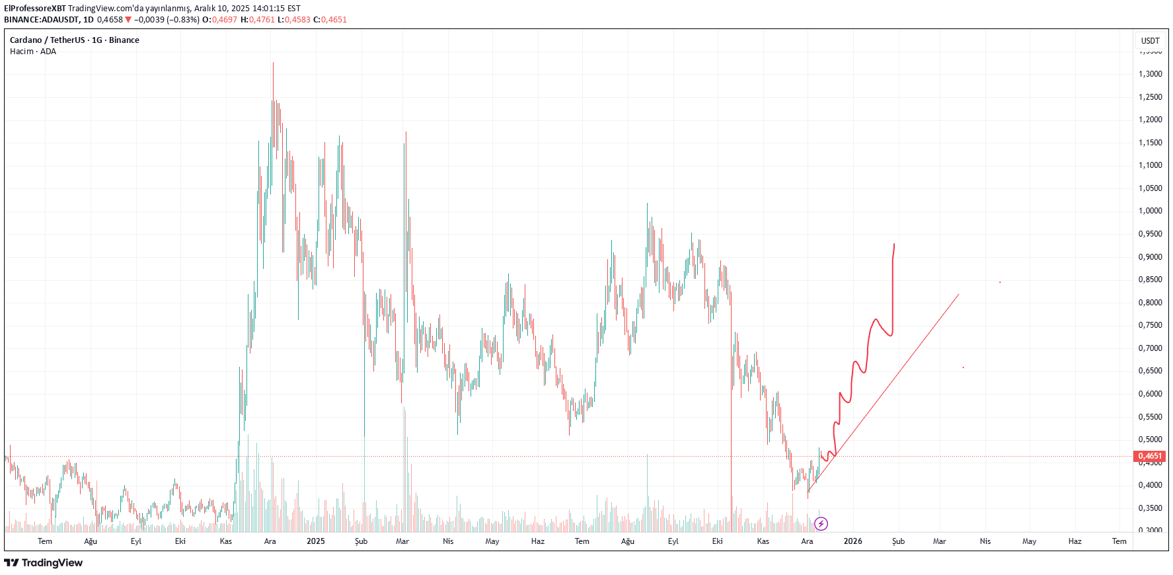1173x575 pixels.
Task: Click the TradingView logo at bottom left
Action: coord(44,563)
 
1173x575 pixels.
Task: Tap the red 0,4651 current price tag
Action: coord(1149,456)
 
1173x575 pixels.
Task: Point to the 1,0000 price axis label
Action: coord(1150,211)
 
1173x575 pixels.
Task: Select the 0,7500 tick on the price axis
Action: coord(1150,325)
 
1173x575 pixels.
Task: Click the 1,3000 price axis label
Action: coord(1150,74)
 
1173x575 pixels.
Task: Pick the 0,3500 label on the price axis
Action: coord(1150,508)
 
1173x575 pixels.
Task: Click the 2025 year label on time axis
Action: coord(316,541)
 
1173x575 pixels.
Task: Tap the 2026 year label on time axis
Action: coord(852,541)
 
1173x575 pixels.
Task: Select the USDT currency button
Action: coord(1150,41)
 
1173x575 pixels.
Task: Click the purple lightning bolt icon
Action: coord(821,524)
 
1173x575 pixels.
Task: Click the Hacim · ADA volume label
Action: coord(33,52)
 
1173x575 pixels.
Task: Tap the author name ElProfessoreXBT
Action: coord(35,9)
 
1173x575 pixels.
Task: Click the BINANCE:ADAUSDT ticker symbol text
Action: coord(41,20)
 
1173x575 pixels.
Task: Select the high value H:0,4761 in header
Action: coord(257,20)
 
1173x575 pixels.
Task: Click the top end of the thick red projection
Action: coord(894,245)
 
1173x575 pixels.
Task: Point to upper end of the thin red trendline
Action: coord(958,295)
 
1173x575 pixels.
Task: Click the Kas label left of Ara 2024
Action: coord(226,541)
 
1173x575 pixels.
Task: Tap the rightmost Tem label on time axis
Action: coord(1119,541)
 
